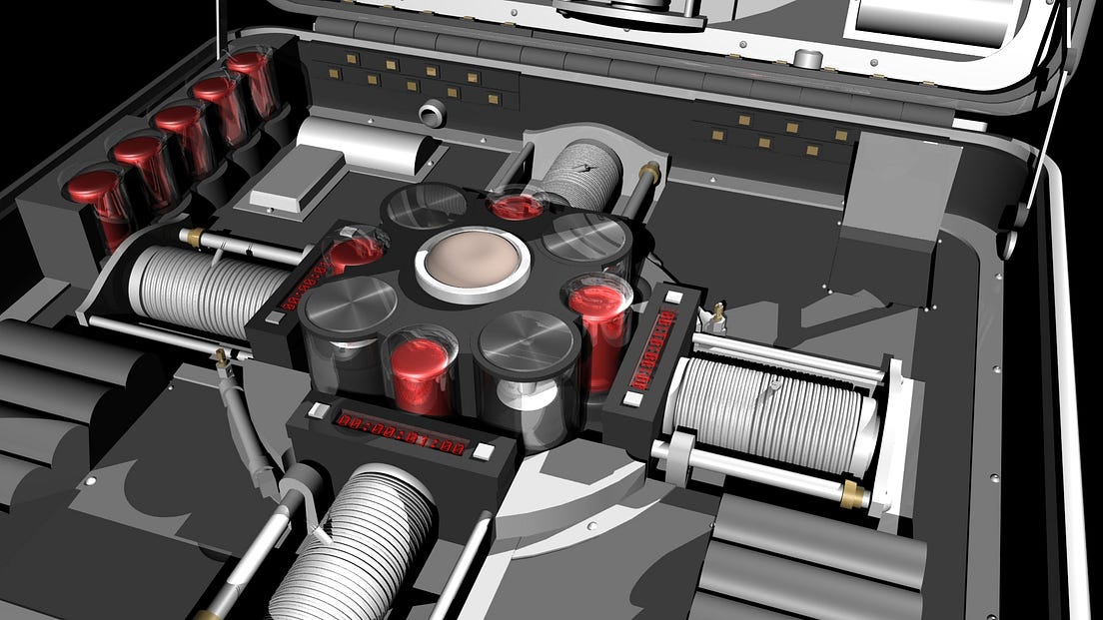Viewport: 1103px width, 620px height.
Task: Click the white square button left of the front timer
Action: [x=318, y=410]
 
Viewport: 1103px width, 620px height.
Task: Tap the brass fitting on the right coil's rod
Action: [x=850, y=493]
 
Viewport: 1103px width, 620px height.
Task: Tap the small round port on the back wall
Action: [x=432, y=111]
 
